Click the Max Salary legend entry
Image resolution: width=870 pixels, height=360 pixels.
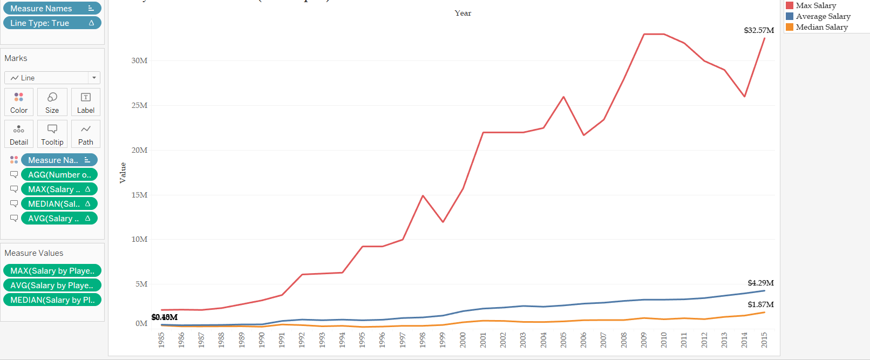(815, 5)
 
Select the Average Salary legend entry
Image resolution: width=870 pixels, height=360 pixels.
(823, 16)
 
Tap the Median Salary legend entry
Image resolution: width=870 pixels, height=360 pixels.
(821, 27)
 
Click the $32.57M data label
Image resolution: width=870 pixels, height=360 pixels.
(759, 30)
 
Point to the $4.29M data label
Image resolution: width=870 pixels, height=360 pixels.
(760, 283)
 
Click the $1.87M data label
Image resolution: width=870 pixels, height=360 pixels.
(760, 304)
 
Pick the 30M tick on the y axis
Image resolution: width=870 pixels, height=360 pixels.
(139, 60)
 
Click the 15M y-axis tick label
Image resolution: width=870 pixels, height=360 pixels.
(139, 195)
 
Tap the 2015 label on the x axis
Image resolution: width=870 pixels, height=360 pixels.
(764, 340)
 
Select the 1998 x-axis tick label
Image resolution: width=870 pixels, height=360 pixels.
(423, 340)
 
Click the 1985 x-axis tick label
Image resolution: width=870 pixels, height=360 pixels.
(161, 340)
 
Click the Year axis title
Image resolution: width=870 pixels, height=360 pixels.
(463, 13)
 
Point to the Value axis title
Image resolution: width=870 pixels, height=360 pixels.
(123, 173)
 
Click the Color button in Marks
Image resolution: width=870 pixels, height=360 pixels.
(19, 102)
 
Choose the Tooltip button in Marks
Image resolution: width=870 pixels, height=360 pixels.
(52, 134)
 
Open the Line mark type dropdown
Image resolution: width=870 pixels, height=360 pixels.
(52, 78)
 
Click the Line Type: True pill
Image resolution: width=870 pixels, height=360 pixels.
(52, 23)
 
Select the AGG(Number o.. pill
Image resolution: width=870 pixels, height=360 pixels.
(59, 175)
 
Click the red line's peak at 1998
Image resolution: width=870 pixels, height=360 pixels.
(423, 196)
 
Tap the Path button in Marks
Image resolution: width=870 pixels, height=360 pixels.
(86, 134)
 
